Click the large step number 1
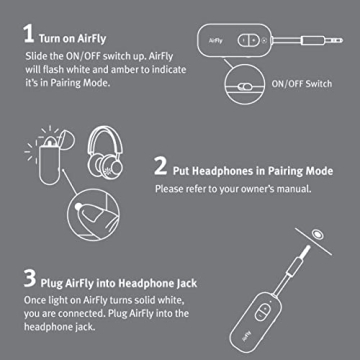(27, 30)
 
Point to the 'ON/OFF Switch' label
(304, 86)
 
